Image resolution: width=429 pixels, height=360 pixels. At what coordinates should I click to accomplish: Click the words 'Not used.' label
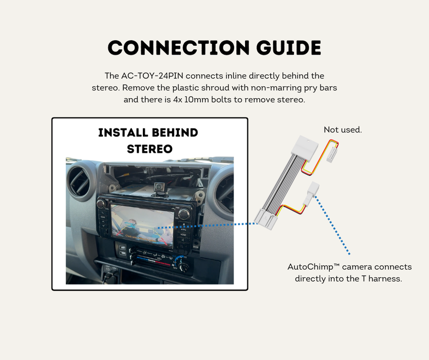(343, 130)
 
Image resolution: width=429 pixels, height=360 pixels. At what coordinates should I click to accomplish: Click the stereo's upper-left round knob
(101, 204)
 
